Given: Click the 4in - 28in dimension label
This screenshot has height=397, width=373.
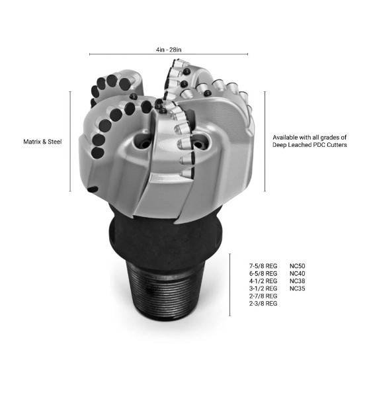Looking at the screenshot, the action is tap(169, 50).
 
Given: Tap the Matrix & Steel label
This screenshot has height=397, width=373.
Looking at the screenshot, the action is tap(42, 142).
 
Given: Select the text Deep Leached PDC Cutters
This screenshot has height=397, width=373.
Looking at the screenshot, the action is tap(310, 145).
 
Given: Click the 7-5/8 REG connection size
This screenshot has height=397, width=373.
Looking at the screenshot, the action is tap(263, 266).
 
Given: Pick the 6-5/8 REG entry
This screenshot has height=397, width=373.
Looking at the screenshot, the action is tap(263, 273).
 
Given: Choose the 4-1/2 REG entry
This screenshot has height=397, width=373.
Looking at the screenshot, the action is tap(263, 281).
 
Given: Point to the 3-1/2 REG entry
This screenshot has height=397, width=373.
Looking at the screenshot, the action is tap(263, 288).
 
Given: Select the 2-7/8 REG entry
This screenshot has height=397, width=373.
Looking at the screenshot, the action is tap(263, 296).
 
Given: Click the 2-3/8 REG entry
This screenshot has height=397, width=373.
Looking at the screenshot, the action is tap(263, 303).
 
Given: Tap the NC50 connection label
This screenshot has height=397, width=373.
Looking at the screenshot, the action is tap(298, 266).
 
